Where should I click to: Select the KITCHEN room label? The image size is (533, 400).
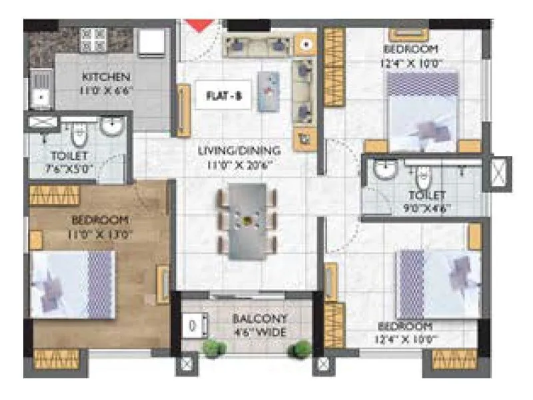click(x=106, y=77)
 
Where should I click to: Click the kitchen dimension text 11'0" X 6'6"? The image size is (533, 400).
click(x=106, y=89)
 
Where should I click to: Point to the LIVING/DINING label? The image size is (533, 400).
click(x=239, y=151)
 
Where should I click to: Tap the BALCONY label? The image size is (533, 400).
click(x=251, y=319)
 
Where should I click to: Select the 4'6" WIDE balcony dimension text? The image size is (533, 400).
click(x=251, y=331)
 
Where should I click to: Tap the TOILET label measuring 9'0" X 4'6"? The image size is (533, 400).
click(x=426, y=195)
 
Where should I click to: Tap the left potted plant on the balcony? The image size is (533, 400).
click(x=212, y=347)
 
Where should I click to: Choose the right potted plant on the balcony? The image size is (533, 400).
click(x=302, y=349)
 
